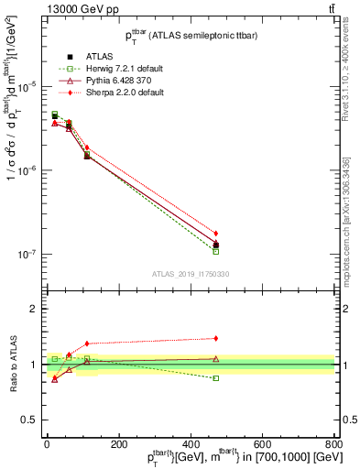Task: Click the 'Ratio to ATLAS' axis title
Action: [x=14, y=365]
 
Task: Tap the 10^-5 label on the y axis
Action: [x=27, y=86]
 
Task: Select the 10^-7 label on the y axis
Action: [x=27, y=255]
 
